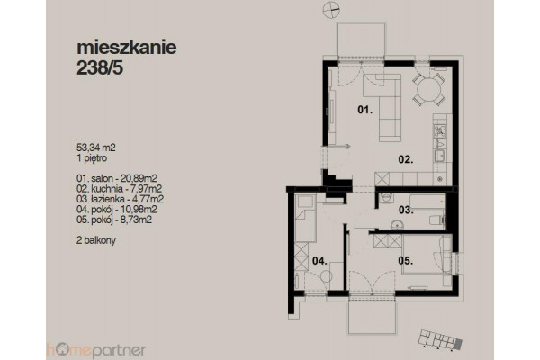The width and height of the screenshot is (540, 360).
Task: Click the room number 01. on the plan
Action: pyautogui.click(x=365, y=110)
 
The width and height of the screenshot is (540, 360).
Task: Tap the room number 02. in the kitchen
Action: pyautogui.click(x=406, y=159)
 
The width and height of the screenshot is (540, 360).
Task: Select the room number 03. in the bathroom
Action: pyautogui.click(x=406, y=210)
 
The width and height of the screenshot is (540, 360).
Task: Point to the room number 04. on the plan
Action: pyautogui.click(x=319, y=261)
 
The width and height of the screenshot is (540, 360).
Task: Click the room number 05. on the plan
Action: pyautogui.click(x=406, y=261)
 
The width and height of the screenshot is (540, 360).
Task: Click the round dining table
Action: pyautogui.click(x=429, y=89)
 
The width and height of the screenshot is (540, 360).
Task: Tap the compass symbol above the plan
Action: pyautogui.click(x=331, y=9)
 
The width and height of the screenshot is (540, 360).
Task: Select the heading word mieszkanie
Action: pyautogui.click(x=126, y=48)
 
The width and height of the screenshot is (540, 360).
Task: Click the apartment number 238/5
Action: pyautogui.click(x=100, y=68)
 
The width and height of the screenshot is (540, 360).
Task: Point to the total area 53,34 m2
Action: pyautogui.click(x=96, y=148)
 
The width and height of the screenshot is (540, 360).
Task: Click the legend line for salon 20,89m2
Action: pyautogui.click(x=117, y=178)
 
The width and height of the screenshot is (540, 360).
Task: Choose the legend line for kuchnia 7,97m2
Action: pyautogui.click(x=119, y=189)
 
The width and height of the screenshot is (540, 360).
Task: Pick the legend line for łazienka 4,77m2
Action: pyautogui.click(x=121, y=199)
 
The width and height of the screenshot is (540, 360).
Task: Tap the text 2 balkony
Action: pyautogui.click(x=96, y=240)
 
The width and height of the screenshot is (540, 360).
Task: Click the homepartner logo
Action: pyautogui.click(x=95, y=351)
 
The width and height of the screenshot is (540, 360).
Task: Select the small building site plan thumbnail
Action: pyautogui.click(x=440, y=339)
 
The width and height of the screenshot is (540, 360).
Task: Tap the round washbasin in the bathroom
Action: pyautogui.click(x=397, y=226)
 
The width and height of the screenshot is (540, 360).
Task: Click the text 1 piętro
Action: pyautogui.click(x=92, y=158)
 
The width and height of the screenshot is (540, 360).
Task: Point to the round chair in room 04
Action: pyautogui.click(x=326, y=275)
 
